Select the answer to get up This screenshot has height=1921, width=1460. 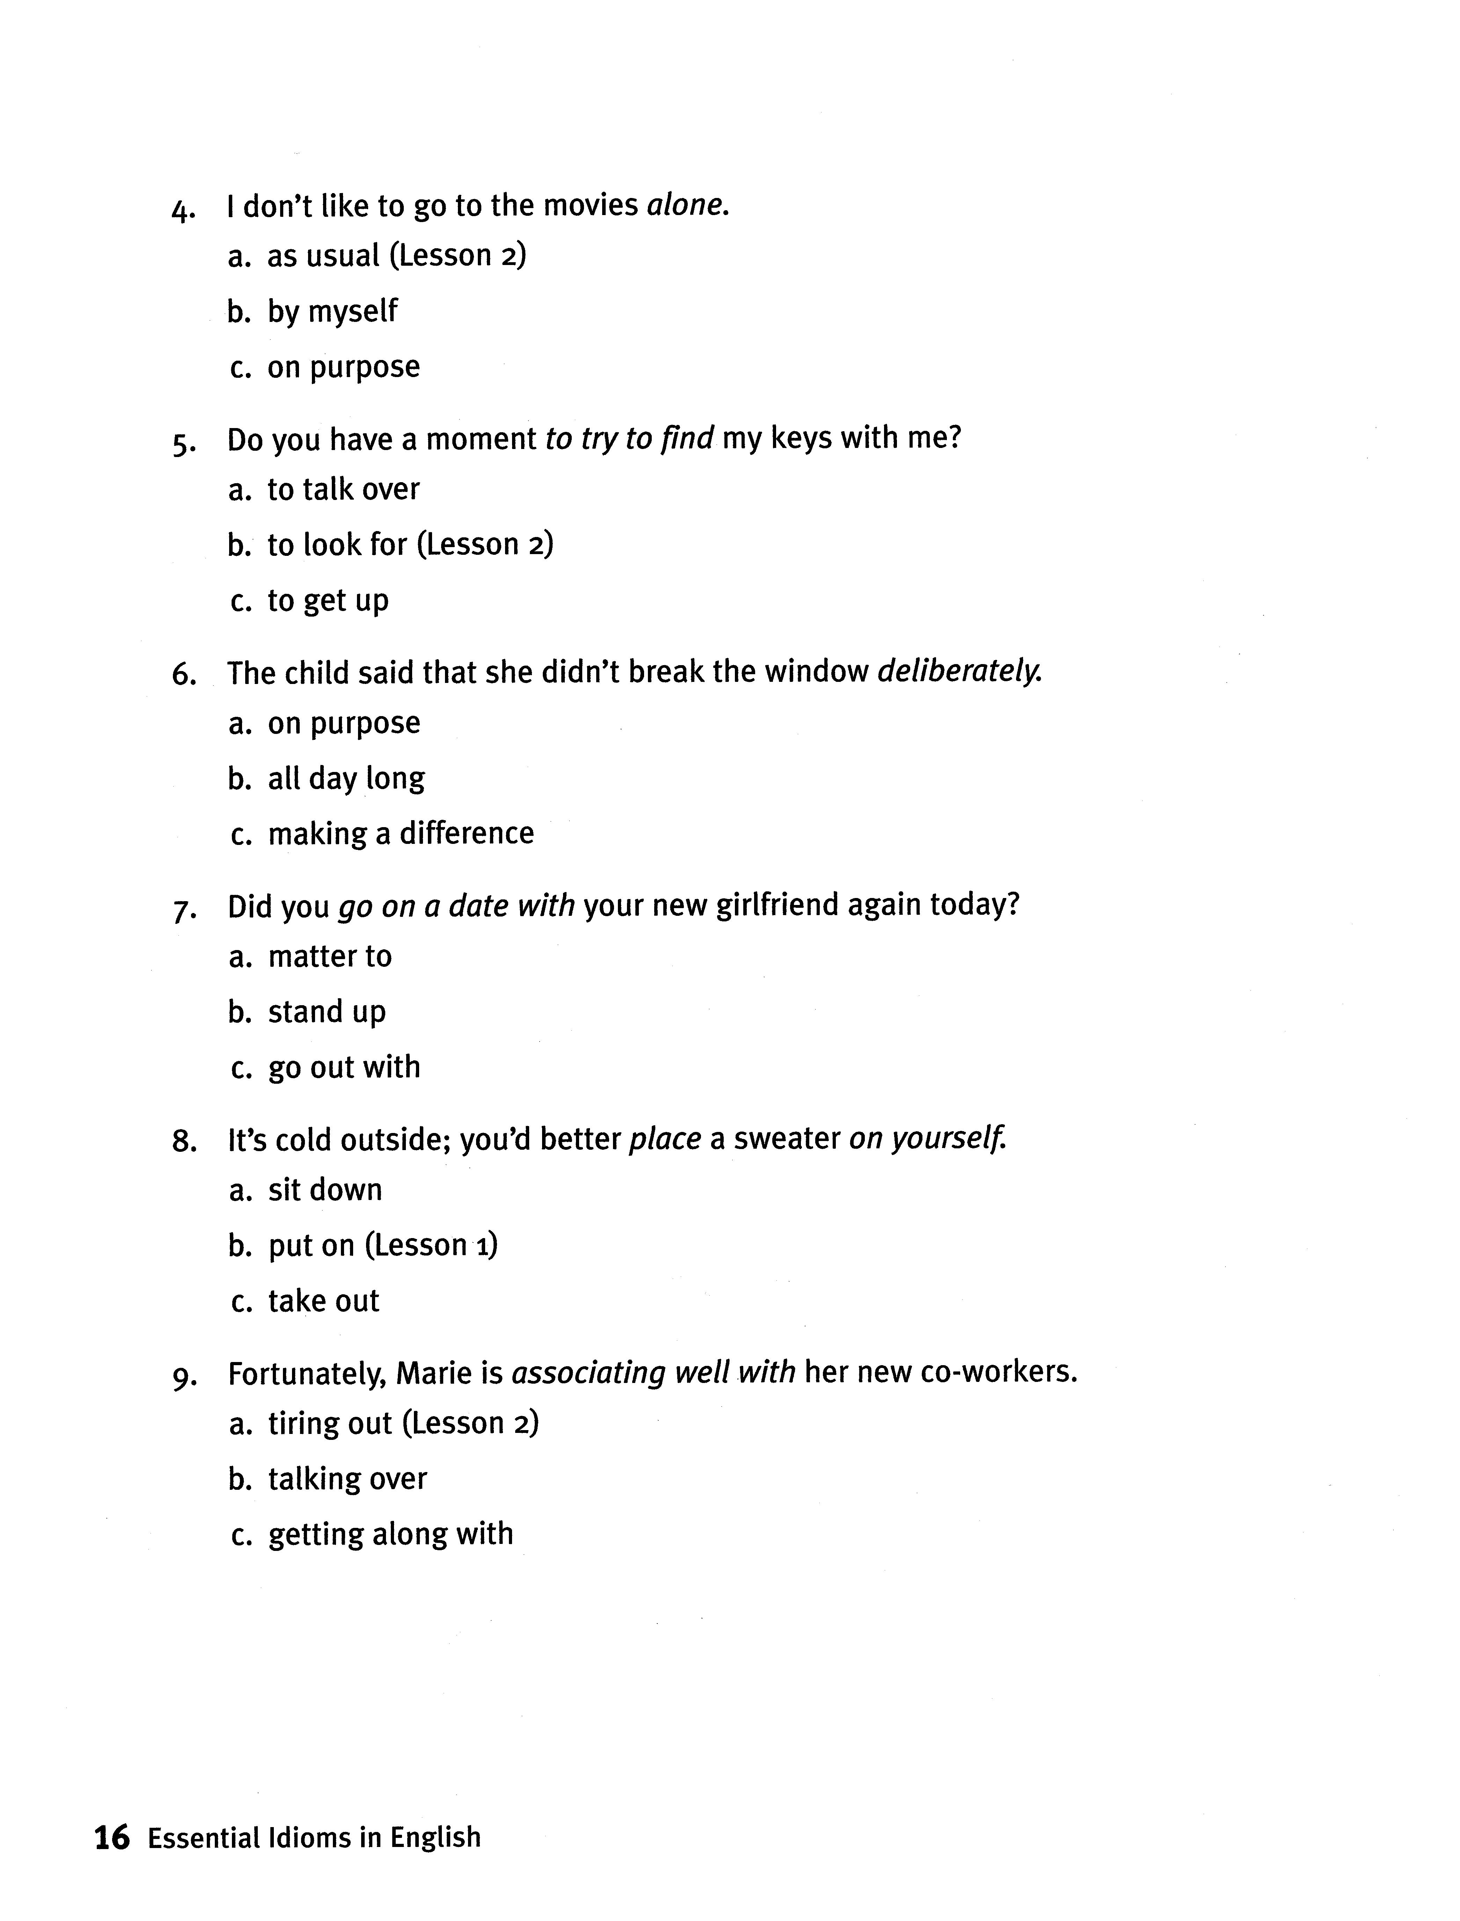pyautogui.click(x=328, y=601)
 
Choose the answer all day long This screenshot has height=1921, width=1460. pyautogui.click(x=346, y=779)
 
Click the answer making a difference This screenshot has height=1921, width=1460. pyautogui.click(x=401, y=834)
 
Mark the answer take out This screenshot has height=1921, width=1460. pyautogui.click(x=323, y=1302)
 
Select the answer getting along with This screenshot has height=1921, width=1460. pyautogui.click(x=390, y=1534)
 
